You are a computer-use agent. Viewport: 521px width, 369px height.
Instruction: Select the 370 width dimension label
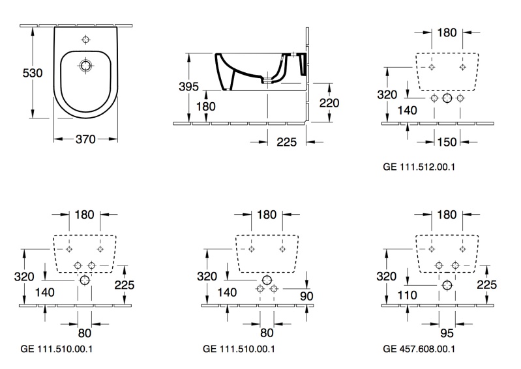(x=85, y=139)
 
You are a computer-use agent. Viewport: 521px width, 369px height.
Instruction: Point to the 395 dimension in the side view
(x=188, y=87)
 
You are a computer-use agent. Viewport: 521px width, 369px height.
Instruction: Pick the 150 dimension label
(x=447, y=142)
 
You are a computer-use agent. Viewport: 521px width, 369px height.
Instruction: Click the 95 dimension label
(x=447, y=332)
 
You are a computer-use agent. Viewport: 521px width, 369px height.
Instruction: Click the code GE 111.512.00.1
(x=419, y=167)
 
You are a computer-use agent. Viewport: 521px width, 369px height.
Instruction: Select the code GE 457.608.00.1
(x=419, y=349)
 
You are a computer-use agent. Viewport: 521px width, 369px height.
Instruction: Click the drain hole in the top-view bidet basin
(x=85, y=65)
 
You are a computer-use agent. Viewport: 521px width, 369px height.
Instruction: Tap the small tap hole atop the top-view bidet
(x=85, y=40)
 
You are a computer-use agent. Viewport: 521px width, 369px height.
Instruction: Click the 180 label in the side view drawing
(x=206, y=106)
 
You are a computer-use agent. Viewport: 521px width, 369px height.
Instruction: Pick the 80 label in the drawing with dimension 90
(x=266, y=332)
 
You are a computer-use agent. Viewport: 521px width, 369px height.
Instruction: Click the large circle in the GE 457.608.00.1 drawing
(x=447, y=285)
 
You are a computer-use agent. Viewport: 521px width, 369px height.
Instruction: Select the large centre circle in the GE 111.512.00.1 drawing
(x=447, y=98)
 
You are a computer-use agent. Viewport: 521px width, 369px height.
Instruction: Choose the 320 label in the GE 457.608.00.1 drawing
(x=387, y=276)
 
